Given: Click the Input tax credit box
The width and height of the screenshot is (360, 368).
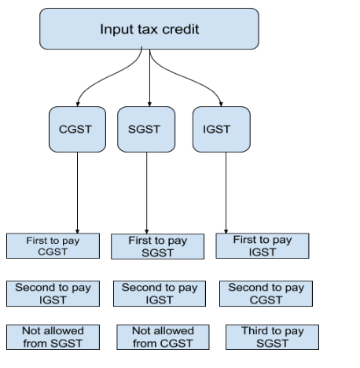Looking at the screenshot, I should tap(149, 29).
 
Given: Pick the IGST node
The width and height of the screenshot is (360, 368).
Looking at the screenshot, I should tap(216, 128).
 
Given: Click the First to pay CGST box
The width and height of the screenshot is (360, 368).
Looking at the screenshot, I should tap(53, 245).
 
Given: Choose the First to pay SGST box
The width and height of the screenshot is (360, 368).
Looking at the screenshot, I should tap(157, 245).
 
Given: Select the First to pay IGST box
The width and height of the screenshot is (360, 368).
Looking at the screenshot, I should tap(263, 245).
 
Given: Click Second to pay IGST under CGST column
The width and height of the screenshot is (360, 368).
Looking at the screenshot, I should tap(53, 293).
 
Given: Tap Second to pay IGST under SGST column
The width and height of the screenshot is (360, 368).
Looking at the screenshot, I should tap(159, 293).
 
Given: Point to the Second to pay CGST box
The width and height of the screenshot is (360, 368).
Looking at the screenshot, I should tap(266, 293).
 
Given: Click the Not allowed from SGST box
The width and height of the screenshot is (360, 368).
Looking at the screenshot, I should tap(53, 336).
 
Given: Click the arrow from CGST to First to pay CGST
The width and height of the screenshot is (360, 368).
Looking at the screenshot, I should tap(77, 189).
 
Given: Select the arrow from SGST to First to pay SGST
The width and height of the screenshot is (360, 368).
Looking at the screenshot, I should tap(147, 189).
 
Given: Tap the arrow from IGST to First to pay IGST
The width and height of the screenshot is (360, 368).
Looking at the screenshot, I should tap(226, 189).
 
